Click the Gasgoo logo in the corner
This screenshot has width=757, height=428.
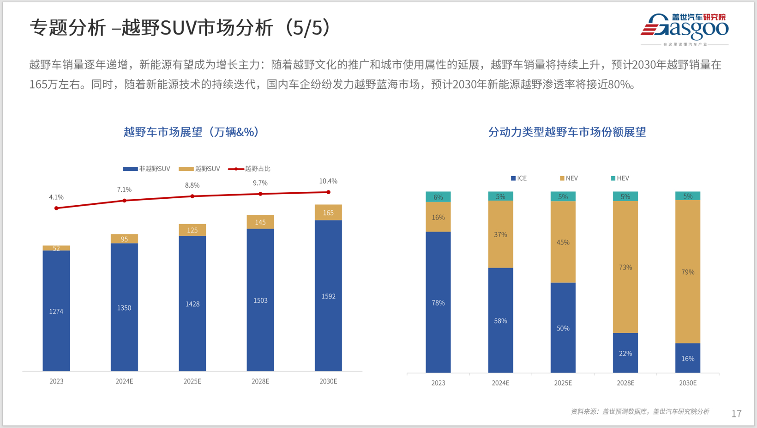pyautogui.click(x=685, y=29)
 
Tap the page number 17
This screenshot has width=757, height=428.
pyautogui.click(x=736, y=414)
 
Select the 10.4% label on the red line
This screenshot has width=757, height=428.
pyautogui.click(x=328, y=181)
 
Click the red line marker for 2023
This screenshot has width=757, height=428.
pyautogui.click(x=56, y=208)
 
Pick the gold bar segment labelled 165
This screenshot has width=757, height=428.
pyautogui.click(x=328, y=213)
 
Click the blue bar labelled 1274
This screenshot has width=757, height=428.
pyautogui.click(x=56, y=311)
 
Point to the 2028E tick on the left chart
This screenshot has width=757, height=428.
pyautogui.click(x=260, y=381)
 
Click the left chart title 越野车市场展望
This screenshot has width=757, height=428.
pyautogui.click(x=191, y=132)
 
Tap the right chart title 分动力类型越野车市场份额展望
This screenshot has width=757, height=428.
pyautogui.click(x=567, y=132)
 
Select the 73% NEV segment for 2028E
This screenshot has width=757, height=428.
pyautogui.click(x=625, y=267)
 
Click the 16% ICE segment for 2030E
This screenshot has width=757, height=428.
pyautogui.click(x=688, y=358)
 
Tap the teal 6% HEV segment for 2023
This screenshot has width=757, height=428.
pyautogui.click(x=438, y=197)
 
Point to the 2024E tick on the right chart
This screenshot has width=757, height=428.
pyautogui.click(x=500, y=383)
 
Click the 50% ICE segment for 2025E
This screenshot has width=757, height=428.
pyautogui.click(x=563, y=328)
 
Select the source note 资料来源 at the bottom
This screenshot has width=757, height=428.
pyautogui.click(x=640, y=411)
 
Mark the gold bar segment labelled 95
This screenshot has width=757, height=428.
pyautogui.click(x=124, y=238)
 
